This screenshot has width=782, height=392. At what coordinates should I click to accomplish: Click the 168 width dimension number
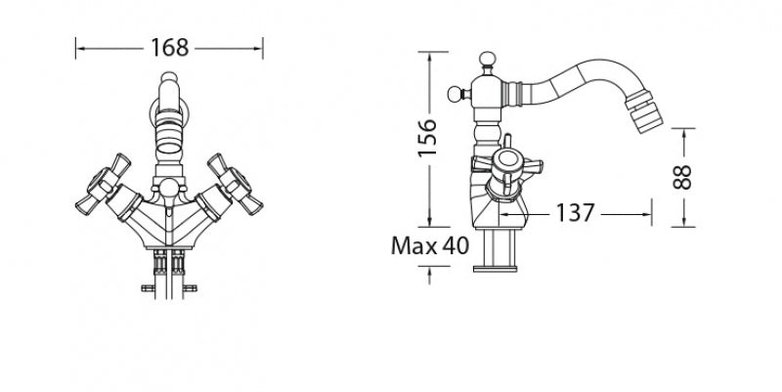pos(169,48)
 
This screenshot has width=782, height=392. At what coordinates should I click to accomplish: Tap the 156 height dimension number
pos(427,138)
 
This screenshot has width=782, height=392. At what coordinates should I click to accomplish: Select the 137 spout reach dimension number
pos(575,213)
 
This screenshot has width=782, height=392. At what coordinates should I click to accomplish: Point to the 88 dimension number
pos(682,178)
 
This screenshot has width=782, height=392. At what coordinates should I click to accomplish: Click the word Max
pos(413,245)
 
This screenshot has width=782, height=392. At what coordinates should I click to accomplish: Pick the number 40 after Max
pos(456,245)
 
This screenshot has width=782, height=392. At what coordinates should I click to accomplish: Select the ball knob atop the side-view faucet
pos(487,59)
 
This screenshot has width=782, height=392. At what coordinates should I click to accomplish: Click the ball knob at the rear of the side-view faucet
pos(455,94)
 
